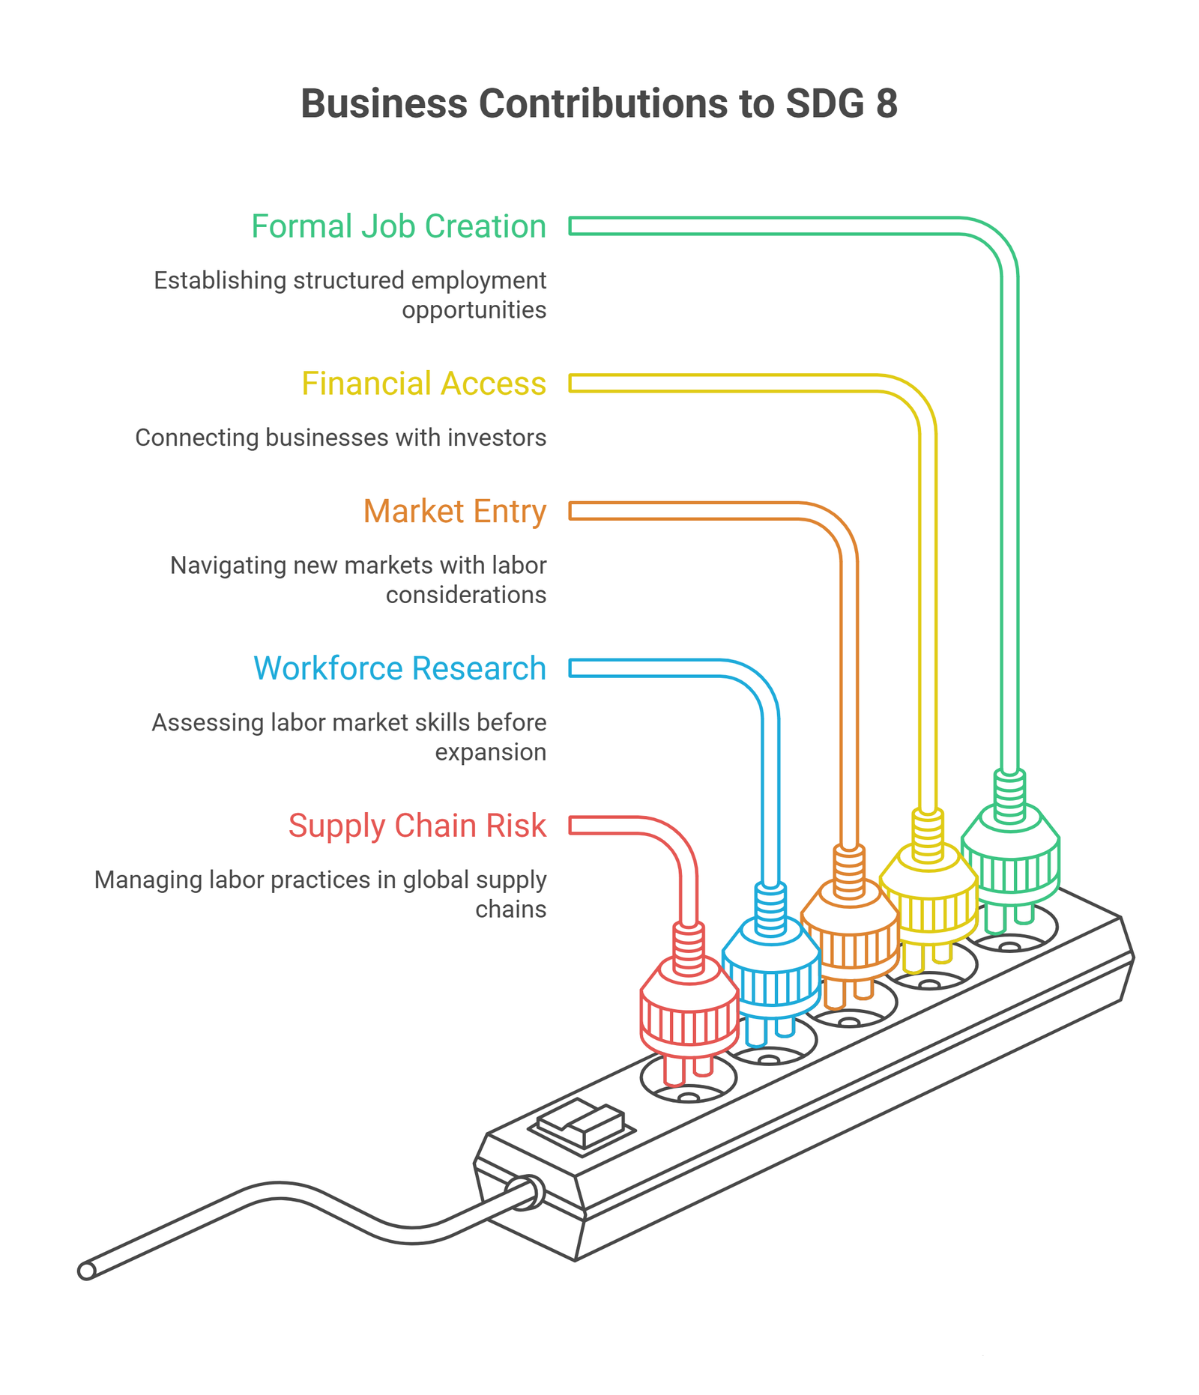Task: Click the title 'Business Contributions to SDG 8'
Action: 599,103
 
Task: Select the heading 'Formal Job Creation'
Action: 399,226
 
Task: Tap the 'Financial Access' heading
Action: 424,384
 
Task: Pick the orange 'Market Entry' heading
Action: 455,512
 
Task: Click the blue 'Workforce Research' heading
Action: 400,668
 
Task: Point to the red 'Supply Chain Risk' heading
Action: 417,826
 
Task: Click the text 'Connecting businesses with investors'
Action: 341,438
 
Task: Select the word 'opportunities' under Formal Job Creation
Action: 474,310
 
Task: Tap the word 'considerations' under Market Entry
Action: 466,595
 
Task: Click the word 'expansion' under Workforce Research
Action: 491,752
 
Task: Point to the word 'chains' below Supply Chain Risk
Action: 511,910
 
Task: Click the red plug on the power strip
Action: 689,1004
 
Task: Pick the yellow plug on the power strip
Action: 928,892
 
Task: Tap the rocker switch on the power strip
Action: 582,1125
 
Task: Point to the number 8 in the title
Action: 887,103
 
